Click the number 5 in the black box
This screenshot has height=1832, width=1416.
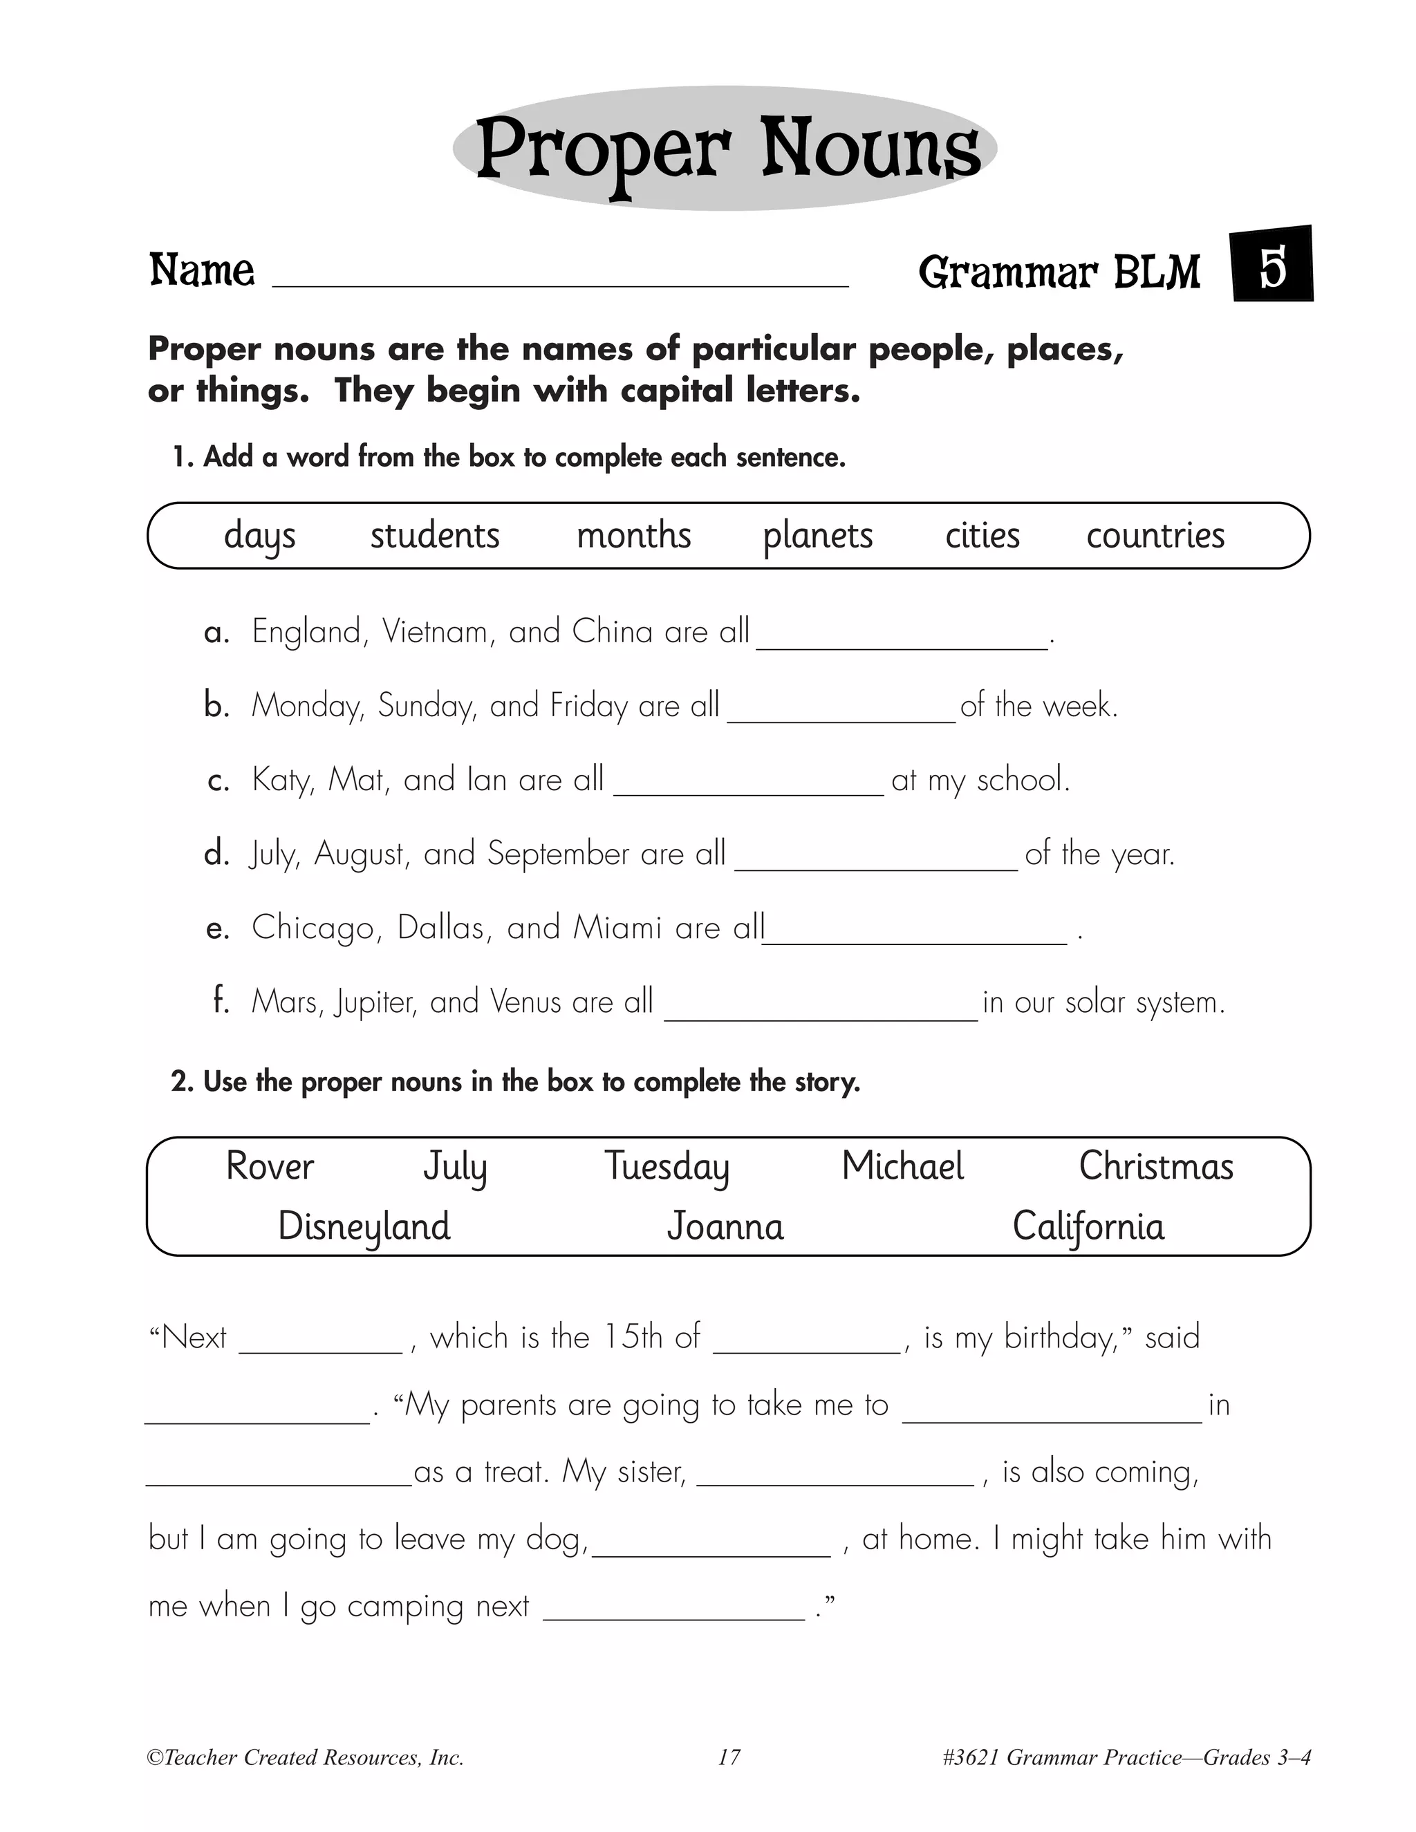[x=1271, y=268]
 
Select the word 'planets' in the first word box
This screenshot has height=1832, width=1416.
[x=817, y=536]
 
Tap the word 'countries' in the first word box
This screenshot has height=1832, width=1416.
[x=1155, y=535]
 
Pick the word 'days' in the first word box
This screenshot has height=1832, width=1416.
[x=259, y=536]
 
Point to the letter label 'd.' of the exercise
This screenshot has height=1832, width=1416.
[x=216, y=853]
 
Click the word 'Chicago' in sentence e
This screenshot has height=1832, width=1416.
[x=316, y=928]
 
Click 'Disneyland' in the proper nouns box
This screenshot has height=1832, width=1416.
[x=364, y=1226]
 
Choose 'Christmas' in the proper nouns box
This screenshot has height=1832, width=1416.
[x=1155, y=1166]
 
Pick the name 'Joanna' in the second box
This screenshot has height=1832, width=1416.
[x=725, y=1226]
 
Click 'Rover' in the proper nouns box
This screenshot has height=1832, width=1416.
[x=269, y=1166]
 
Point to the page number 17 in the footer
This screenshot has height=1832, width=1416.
[x=729, y=1757]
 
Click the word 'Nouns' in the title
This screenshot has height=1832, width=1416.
[x=870, y=149]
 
